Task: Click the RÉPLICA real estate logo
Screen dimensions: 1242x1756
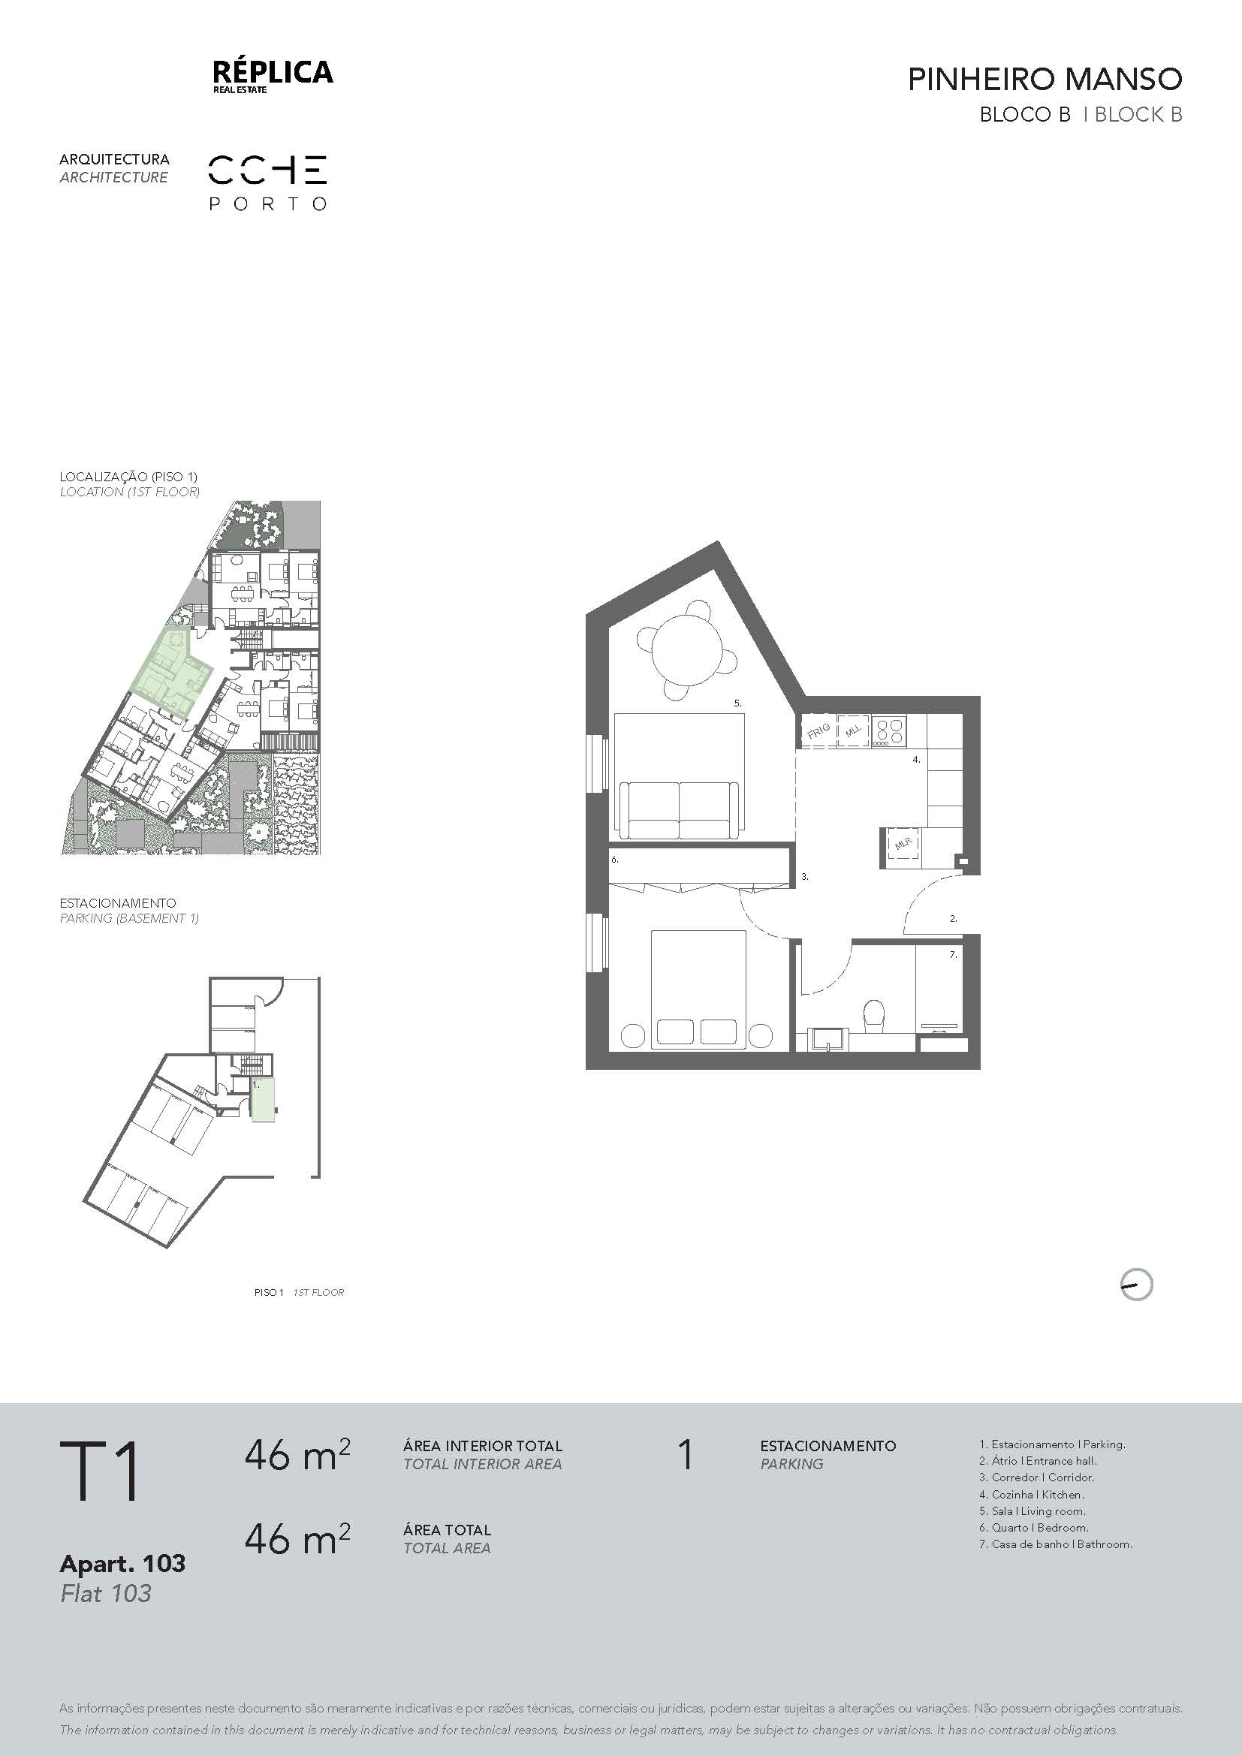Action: [x=273, y=77]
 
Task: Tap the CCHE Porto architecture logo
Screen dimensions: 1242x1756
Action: [x=267, y=182]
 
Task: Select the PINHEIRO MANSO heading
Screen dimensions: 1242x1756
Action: [x=1045, y=80]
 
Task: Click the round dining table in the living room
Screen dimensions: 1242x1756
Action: [x=686, y=651]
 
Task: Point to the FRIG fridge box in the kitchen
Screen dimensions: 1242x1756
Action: [x=818, y=730]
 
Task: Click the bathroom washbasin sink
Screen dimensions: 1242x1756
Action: [x=826, y=1041]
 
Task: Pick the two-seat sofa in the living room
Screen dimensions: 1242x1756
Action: [x=679, y=810]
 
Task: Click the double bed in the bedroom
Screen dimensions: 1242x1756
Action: [x=698, y=989]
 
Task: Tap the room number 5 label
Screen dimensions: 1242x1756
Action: [x=738, y=703]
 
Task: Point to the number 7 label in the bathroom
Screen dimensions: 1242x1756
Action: [x=953, y=954]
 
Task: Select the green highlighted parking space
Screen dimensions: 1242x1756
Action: [x=264, y=1098]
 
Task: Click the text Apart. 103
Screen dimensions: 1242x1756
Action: [x=122, y=1563]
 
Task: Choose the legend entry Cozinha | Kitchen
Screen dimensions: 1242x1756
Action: [x=1032, y=1494]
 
